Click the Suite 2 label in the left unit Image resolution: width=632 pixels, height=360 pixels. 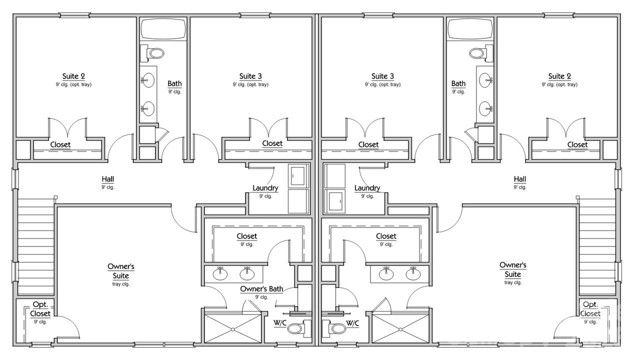tap(73, 76)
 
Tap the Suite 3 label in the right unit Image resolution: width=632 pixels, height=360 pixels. tap(382, 76)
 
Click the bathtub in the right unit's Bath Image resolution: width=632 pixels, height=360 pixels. tap(470, 29)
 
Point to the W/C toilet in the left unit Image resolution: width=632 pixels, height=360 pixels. tap(296, 328)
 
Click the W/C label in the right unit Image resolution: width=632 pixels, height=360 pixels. tap(352, 323)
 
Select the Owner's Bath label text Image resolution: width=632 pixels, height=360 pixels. tap(261, 289)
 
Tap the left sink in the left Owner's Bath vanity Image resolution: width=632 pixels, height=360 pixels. tap(220, 273)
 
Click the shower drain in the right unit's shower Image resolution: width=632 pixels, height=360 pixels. tap(400, 329)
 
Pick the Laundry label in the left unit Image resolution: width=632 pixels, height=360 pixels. tap(265, 188)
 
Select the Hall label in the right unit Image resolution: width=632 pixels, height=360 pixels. tap(519, 179)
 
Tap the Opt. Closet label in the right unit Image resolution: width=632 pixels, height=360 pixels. tap(590, 309)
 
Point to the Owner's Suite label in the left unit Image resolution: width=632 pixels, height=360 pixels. tap(121, 270)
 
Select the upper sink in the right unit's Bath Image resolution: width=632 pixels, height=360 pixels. tap(485, 79)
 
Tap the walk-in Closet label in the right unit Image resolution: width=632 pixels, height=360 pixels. tap(385, 236)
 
